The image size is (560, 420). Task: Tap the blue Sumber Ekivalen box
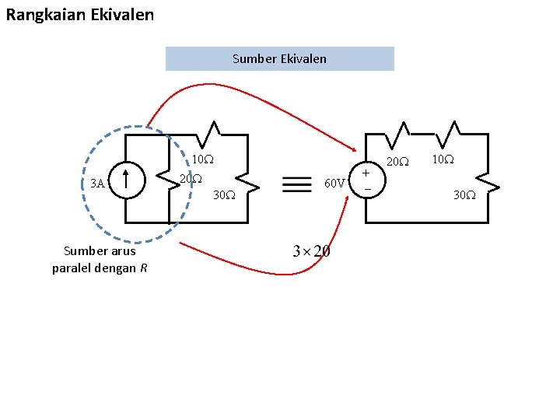point(279,58)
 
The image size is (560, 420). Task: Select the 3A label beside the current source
point(97,184)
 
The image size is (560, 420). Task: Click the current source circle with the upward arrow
point(125,180)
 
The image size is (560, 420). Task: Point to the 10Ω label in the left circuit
point(203,159)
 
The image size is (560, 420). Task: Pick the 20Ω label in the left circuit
point(191,179)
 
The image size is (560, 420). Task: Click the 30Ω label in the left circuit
point(224,195)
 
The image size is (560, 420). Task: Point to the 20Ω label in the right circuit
point(397,162)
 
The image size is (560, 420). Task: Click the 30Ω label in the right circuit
point(465,195)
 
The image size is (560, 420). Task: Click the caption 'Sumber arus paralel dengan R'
point(99,260)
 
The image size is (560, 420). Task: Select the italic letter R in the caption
point(143,269)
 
